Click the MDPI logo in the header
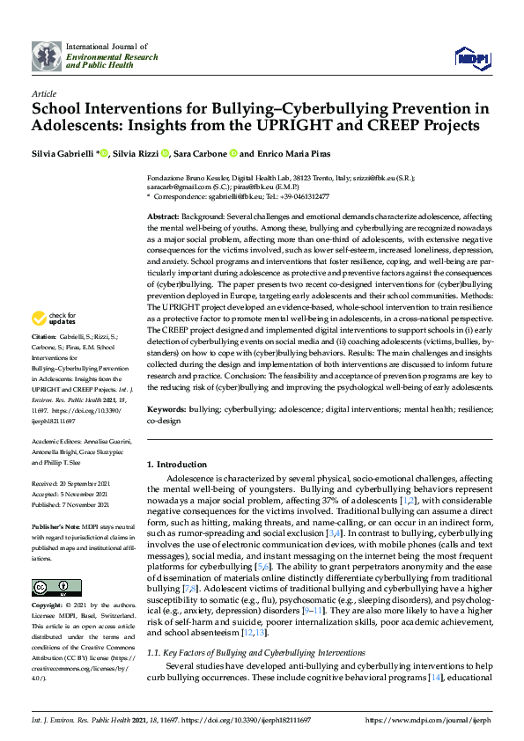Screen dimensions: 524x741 471,57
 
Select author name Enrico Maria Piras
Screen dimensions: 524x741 292,154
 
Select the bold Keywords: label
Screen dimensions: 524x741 167,410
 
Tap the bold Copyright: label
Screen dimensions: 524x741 48,606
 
